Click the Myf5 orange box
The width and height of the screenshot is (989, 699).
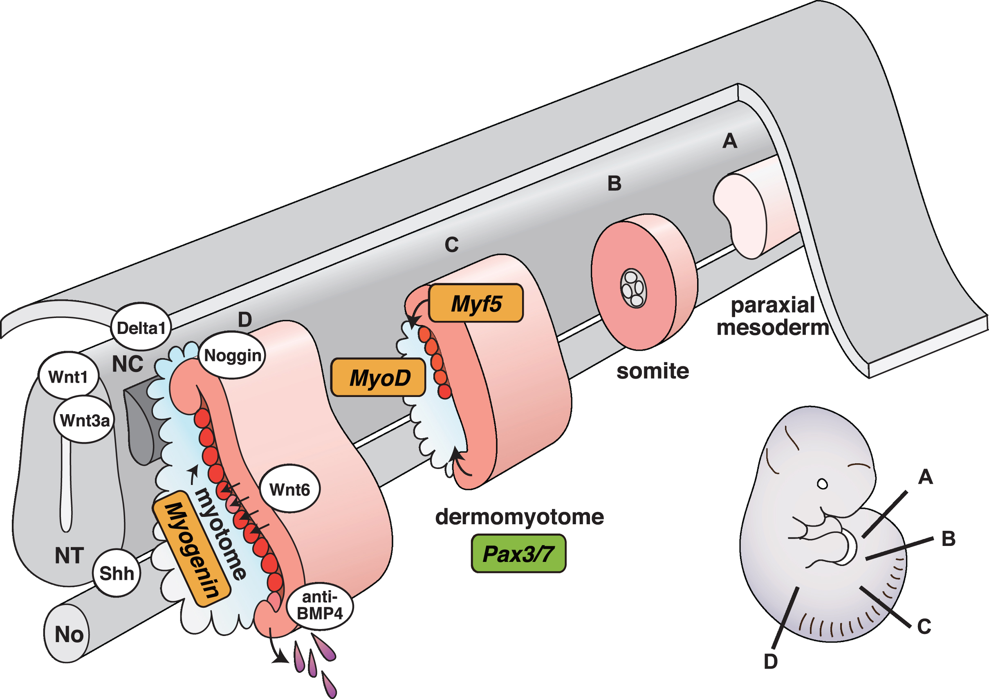476,303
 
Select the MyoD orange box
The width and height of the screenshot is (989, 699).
378,377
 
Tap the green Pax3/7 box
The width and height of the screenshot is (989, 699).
518,554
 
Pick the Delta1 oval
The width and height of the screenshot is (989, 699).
141,327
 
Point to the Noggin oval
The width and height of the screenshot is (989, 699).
232,355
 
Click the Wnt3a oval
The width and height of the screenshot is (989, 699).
84,419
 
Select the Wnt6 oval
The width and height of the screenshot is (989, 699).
290,489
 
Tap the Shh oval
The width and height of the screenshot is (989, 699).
116,573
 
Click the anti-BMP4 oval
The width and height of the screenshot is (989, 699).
320,605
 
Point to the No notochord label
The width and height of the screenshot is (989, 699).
69,634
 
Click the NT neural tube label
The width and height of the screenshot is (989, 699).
70,555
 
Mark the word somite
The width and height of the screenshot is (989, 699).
653,371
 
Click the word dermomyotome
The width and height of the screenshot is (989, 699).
520,516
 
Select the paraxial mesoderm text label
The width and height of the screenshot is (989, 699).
773,316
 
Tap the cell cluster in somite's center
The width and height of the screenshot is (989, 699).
633,288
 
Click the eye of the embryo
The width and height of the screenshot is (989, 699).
822,484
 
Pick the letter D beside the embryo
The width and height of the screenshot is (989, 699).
771,661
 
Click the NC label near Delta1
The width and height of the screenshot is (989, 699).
128,364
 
